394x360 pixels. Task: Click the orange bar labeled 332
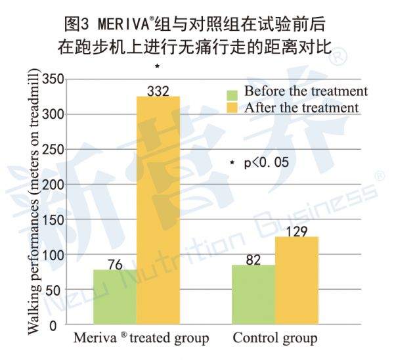click(x=158, y=210)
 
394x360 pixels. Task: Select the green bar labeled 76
click(x=115, y=297)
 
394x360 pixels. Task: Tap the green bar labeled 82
click(x=253, y=294)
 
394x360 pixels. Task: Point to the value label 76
click(x=116, y=263)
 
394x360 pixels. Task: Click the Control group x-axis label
click(x=275, y=339)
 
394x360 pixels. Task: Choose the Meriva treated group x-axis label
click(x=141, y=339)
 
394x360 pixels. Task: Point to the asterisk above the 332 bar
click(x=158, y=66)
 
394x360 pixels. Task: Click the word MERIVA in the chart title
click(x=125, y=26)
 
